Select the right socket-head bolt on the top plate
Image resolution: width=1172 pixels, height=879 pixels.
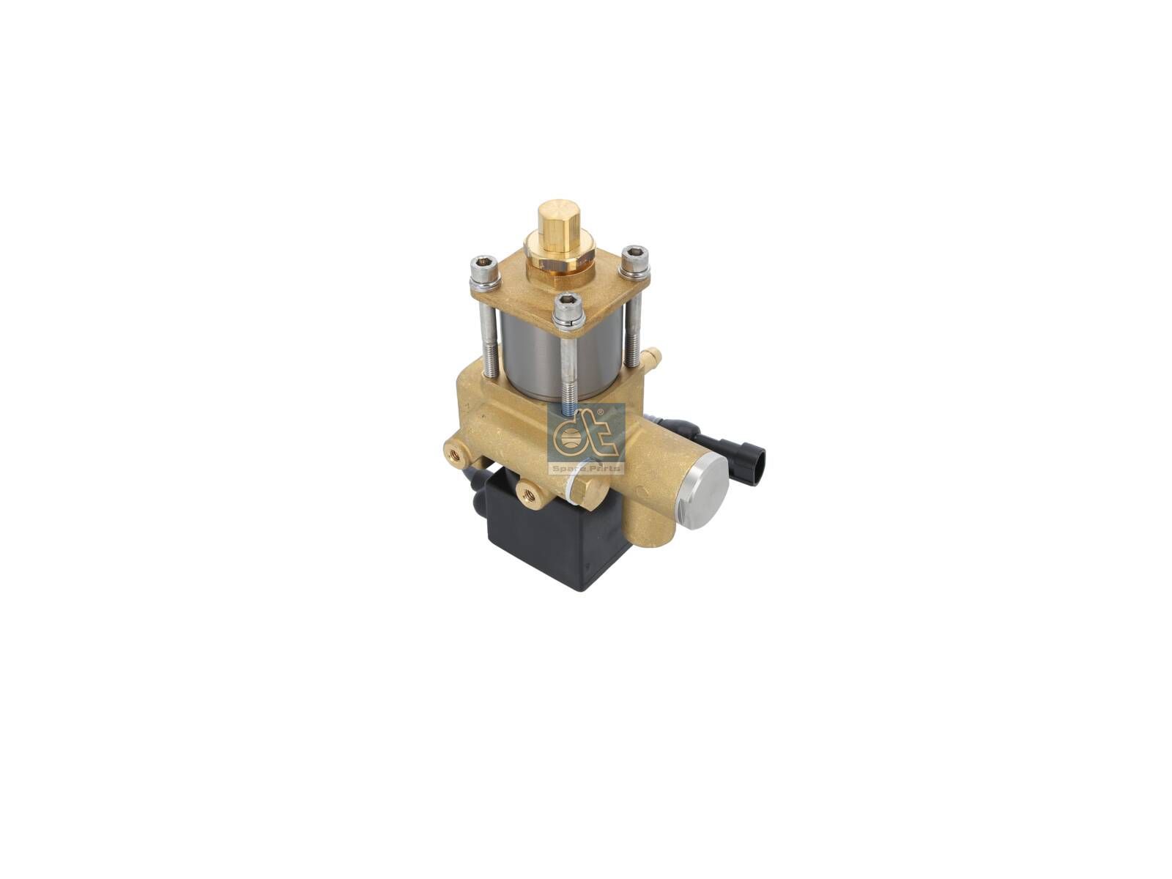click(635, 262)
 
